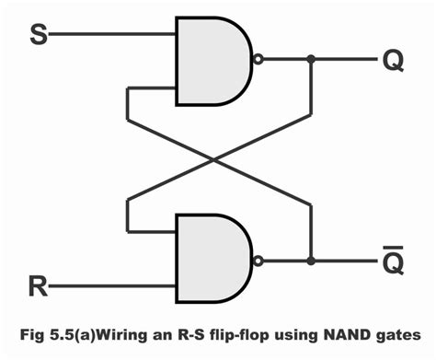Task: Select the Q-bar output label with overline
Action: point(393,261)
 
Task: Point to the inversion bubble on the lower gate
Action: point(259,261)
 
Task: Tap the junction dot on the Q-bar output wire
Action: point(312,261)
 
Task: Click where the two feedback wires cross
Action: point(216,161)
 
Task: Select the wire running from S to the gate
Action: point(110,36)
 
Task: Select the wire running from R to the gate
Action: point(110,287)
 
